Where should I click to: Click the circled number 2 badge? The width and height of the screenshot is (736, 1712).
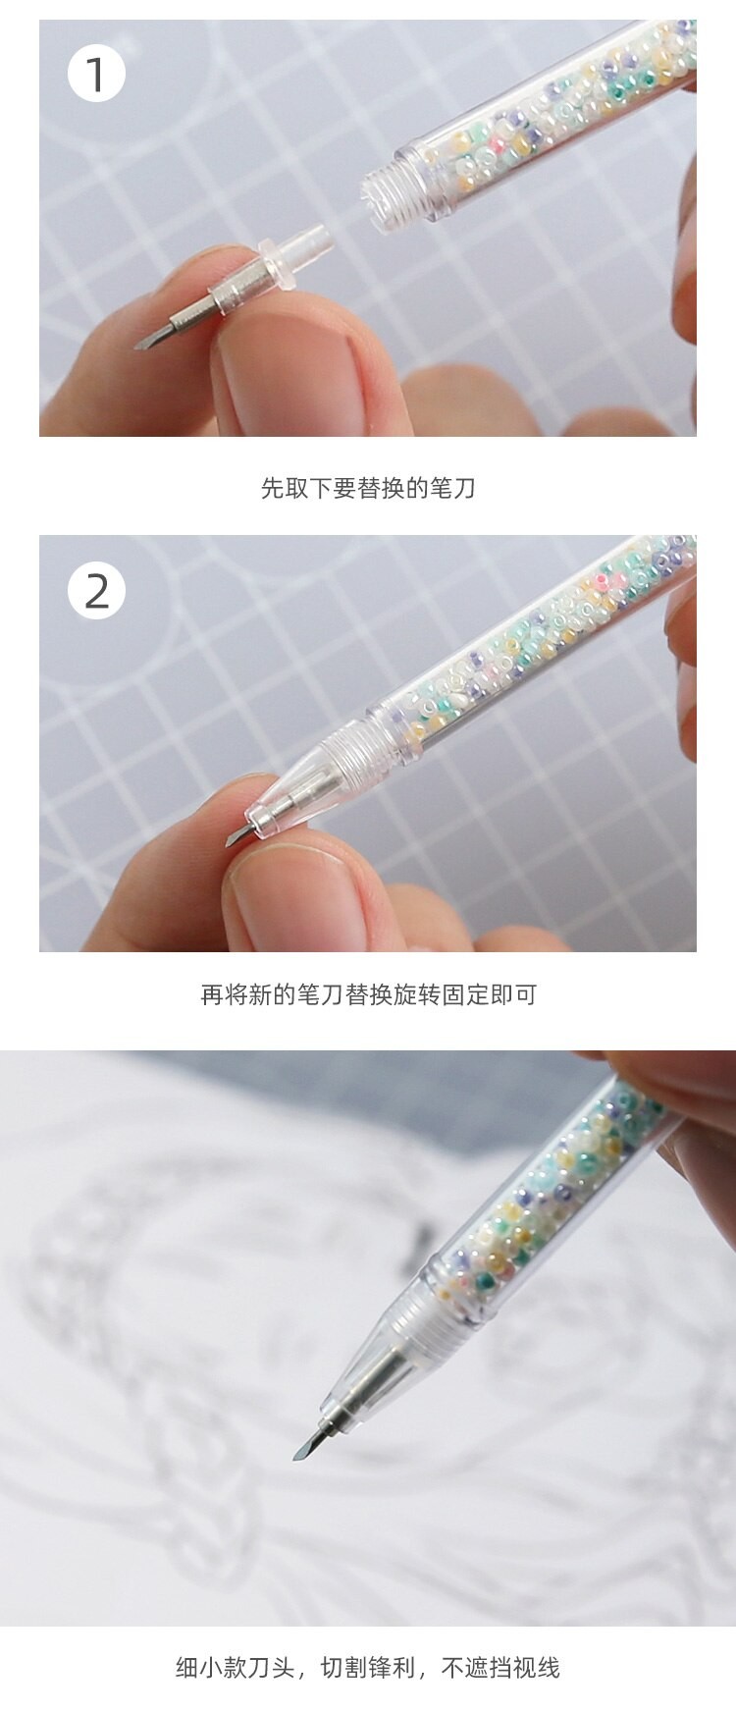point(96,591)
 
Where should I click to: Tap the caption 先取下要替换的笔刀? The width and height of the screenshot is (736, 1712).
point(368,488)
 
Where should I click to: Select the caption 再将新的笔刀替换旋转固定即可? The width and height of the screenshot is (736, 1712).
point(368,995)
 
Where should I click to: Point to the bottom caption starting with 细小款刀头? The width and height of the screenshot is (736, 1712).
point(368,1667)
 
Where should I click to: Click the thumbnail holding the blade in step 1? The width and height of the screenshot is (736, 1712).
point(286,344)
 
